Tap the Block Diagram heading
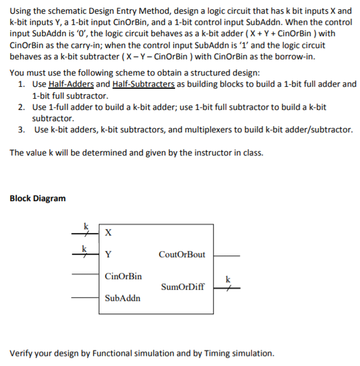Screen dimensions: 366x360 click(x=37, y=199)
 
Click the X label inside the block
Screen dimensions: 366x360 click(x=109, y=233)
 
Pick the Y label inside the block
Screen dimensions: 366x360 click(x=109, y=254)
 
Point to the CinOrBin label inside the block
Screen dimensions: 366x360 click(x=123, y=275)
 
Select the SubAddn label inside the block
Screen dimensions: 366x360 click(x=122, y=298)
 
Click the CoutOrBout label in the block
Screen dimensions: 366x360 click(x=182, y=255)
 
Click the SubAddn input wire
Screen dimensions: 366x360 click(x=85, y=298)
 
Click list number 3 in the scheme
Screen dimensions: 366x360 click(x=22, y=130)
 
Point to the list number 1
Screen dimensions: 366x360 click(x=22, y=84)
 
